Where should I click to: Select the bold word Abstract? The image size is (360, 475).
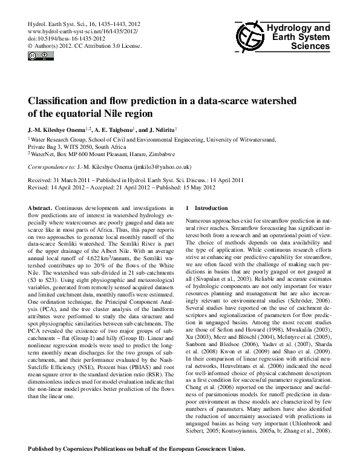point(41,208)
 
